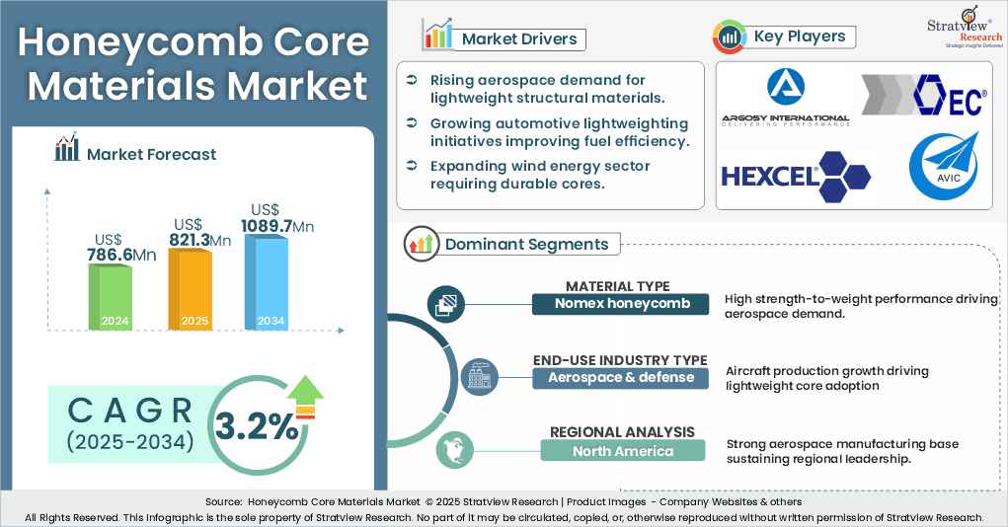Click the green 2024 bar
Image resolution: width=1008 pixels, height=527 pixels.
tap(111, 297)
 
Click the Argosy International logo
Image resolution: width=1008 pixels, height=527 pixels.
tap(784, 99)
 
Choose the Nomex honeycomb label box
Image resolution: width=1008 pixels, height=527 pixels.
tap(620, 304)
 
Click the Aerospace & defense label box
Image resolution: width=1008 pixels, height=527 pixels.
tap(620, 377)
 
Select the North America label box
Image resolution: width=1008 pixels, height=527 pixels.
tap(623, 451)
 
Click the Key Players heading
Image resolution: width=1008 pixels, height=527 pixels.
tap(799, 37)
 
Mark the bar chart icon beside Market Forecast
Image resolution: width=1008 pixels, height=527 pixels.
tap(67, 149)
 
